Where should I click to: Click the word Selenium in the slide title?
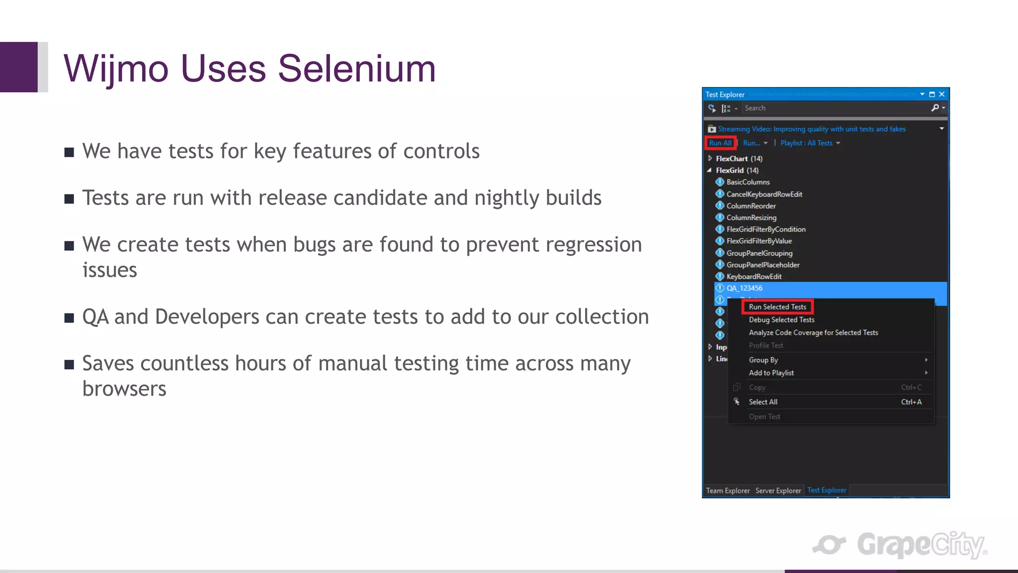(x=356, y=69)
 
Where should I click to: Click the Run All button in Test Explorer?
(x=720, y=143)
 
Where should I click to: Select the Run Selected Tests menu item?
(x=777, y=307)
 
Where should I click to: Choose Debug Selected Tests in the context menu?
(x=781, y=320)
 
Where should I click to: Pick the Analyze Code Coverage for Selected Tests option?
(x=813, y=333)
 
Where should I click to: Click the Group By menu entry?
(x=763, y=360)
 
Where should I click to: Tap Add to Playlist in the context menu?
(x=771, y=373)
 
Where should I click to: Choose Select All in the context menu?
(x=763, y=402)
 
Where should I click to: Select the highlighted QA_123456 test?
(x=745, y=288)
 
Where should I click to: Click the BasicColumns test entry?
(x=748, y=182)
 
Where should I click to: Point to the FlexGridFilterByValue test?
(x=759, y=241)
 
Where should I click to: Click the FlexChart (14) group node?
(x=739, y=159)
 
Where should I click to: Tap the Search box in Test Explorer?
(x=835, y=108)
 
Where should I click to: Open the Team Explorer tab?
(x=728, y=490)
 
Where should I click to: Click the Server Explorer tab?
(x=778, y=490)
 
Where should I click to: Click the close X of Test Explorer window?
(x=941, y=94)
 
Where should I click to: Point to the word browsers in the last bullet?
(x=124, y=389)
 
